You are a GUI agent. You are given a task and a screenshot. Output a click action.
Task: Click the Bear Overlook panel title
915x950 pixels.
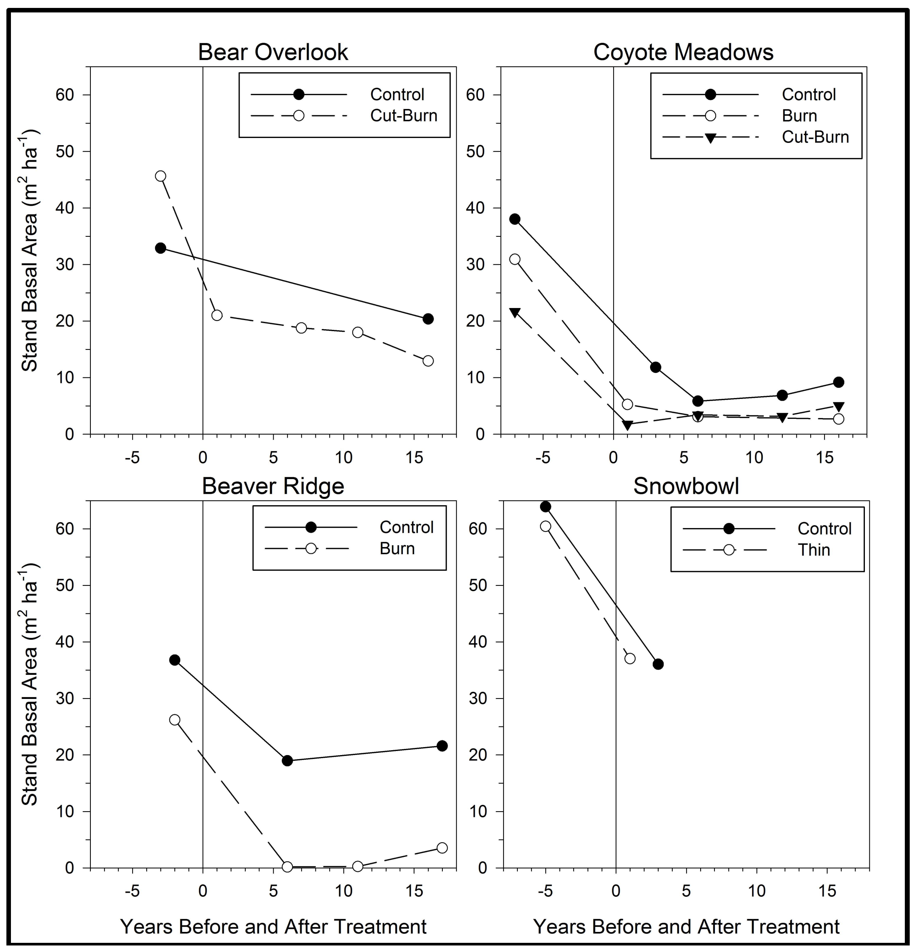273,52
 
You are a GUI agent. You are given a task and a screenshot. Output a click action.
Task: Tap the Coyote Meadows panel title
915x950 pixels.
683,52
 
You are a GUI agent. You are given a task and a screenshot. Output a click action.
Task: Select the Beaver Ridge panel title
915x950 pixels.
273,486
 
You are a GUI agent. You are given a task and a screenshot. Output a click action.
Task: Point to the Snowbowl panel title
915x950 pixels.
686,486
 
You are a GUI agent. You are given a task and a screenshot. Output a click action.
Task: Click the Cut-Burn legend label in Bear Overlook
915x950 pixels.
404,116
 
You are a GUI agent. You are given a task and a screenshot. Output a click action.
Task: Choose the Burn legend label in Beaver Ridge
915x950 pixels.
397,549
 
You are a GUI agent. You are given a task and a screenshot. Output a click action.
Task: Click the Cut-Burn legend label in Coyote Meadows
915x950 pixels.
815,137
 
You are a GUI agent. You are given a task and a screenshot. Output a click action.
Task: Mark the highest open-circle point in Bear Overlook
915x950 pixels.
161,176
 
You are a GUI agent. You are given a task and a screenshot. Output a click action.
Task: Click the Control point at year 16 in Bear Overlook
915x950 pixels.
428,319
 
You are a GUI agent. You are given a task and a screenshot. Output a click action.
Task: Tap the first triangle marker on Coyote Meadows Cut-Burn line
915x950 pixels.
515,313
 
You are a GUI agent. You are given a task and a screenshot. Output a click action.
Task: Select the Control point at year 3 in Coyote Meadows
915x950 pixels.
656,367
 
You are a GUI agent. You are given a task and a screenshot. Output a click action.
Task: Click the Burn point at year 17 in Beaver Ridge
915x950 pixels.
442,848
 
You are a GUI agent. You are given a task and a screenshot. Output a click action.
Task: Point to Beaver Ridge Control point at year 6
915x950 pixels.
288,760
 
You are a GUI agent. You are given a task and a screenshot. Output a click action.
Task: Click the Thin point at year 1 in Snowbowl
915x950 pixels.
630,658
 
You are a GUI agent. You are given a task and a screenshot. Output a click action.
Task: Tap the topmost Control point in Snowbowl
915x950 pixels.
546,507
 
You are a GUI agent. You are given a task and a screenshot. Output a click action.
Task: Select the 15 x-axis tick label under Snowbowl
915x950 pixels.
827,891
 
